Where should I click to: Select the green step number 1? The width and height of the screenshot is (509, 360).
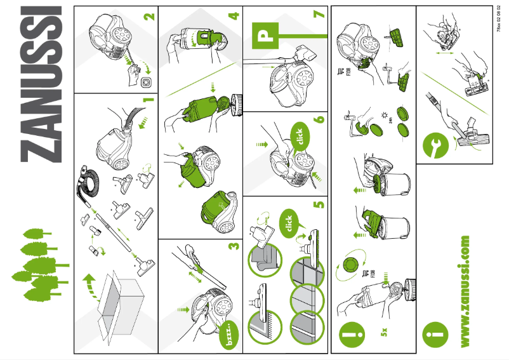[148, 100]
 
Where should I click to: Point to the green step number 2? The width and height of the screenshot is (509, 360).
[149, 15]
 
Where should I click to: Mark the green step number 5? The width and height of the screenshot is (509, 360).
[319, 204]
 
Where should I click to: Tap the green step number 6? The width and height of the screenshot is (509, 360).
[319, 118]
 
